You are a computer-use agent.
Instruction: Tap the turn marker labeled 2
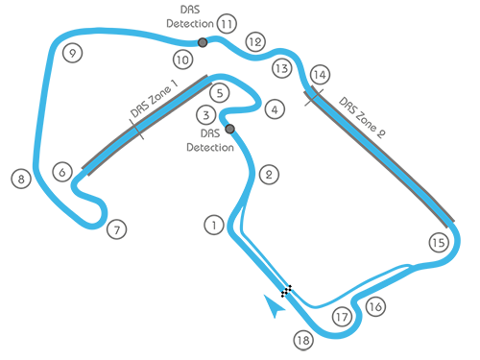coord(269,175)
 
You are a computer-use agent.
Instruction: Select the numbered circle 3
coord(205,116)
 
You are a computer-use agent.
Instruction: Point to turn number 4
coord(275,110)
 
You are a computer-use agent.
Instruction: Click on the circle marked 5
coord(220,93)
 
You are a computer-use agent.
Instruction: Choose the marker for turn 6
coord(62,173)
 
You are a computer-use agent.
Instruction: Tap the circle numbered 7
coord(116,230)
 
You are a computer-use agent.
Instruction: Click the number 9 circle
coord(72,54)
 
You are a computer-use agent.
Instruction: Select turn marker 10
coord(182,60)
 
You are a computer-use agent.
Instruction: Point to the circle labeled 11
coord(226,24)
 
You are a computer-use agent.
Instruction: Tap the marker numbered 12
coord(254,42)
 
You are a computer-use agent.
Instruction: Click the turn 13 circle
coord(281,69)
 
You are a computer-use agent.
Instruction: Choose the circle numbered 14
coord(320,74)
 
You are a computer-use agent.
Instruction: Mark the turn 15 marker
coord(439,243)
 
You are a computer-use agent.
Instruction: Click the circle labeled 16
coord(375,307)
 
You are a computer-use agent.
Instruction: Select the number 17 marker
coord(342,317)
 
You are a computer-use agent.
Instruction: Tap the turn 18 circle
coord(303,341)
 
